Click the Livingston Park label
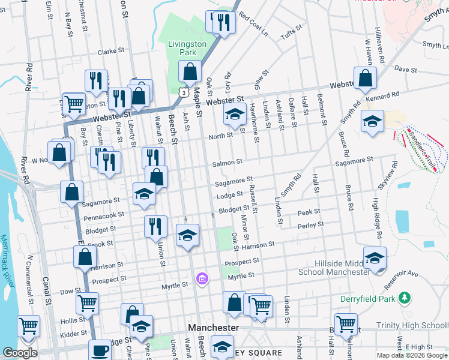point(187,48)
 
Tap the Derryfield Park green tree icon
point(405,297)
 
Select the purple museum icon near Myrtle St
point(202,278)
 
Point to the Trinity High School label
point(411,326)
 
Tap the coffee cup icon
point(100,350)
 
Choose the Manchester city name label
point(213,328)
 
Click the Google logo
point(20,353)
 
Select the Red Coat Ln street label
point(253,23)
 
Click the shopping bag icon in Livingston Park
point(190,73)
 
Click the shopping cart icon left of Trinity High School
point(346,324)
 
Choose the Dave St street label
point(405,70)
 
